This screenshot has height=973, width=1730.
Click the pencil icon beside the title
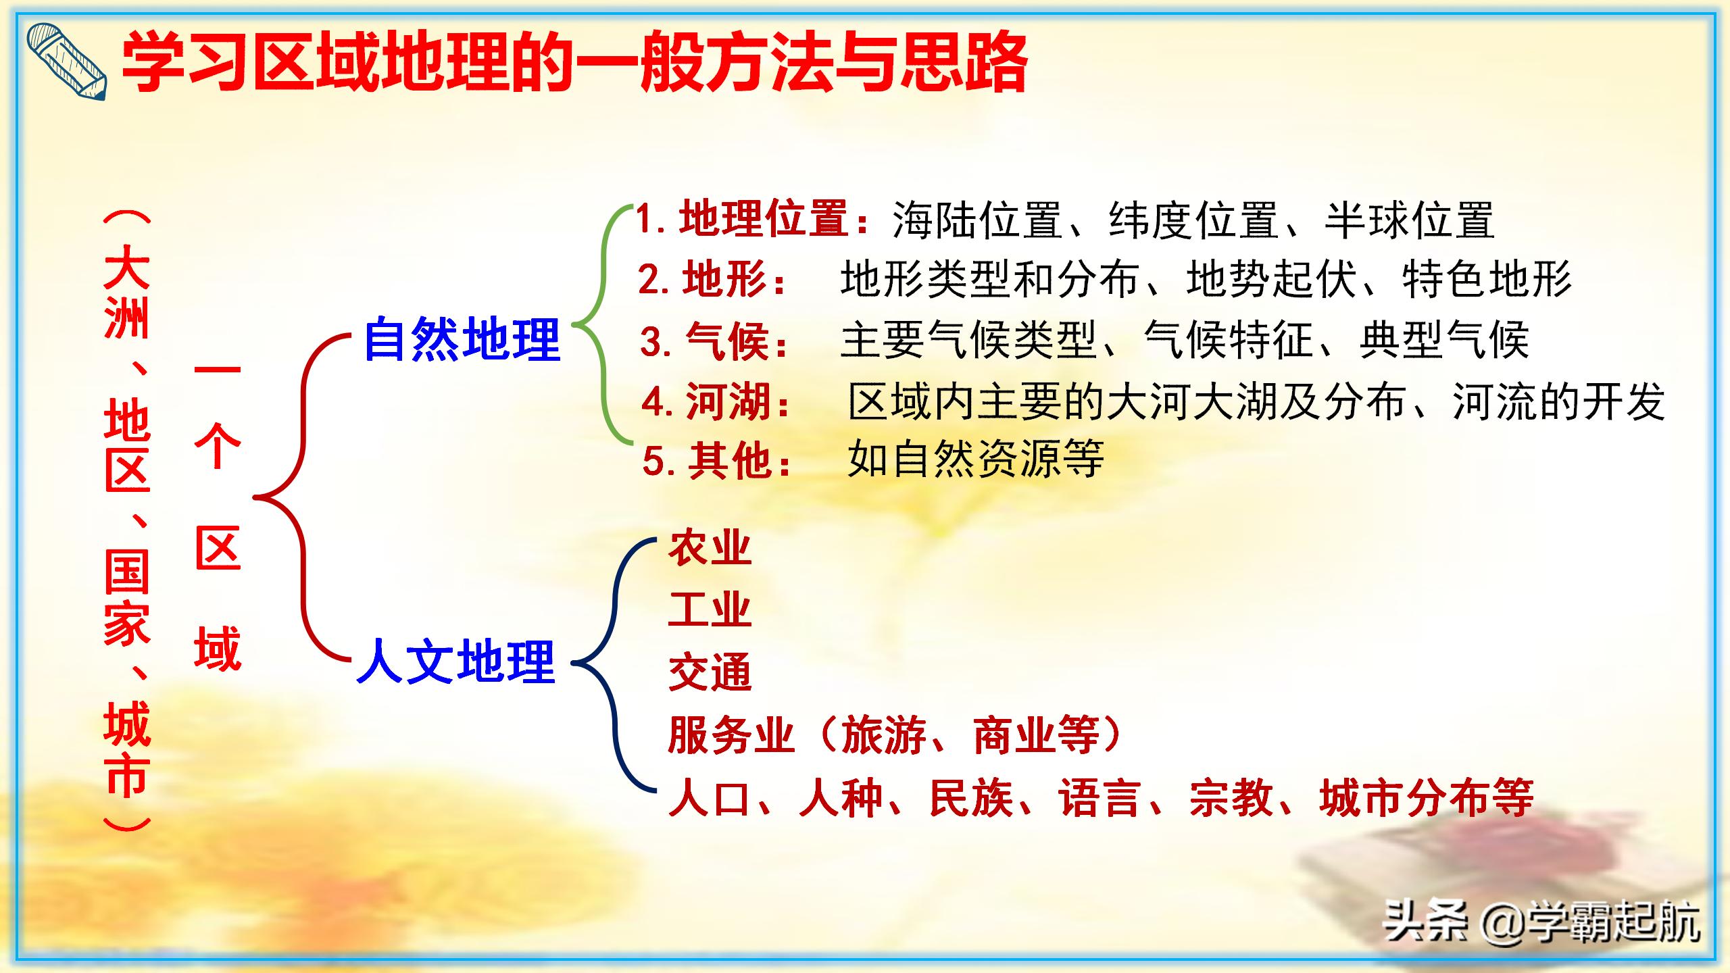pos(66,62)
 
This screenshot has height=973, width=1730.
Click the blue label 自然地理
pos(462,340)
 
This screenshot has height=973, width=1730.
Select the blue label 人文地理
pos(457,662)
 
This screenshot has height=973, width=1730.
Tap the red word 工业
pos(710,610)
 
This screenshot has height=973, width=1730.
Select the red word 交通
pos(710,672)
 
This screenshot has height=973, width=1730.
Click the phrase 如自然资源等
pos(976,459)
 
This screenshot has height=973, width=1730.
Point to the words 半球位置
pos(1409,220)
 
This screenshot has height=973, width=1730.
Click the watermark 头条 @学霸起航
pos(1541,920)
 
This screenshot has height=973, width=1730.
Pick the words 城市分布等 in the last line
pos(1426,799)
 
